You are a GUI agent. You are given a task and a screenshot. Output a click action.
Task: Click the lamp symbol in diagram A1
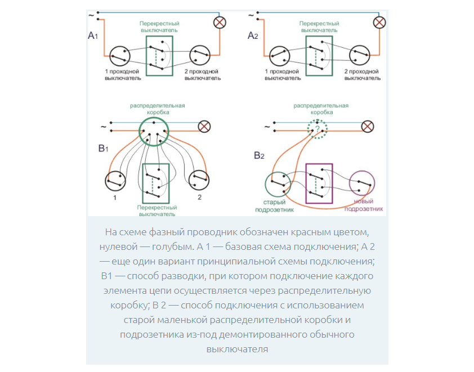218,23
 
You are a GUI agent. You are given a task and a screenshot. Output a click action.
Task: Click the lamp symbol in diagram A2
379,23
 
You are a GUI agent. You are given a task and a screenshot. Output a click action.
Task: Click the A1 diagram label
93,36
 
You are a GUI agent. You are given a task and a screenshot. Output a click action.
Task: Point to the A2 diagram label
253,36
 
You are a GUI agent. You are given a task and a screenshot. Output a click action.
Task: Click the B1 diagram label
102,149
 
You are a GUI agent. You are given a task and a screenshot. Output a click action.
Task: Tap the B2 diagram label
260,155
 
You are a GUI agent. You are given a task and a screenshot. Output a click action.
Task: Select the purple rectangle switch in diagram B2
319,183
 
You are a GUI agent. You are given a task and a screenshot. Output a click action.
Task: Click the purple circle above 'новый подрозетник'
362,184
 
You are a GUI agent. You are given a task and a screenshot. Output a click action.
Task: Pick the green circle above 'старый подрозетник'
278,184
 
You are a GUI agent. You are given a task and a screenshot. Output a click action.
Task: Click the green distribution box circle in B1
154,131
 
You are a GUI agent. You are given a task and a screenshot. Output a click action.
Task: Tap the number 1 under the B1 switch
114,198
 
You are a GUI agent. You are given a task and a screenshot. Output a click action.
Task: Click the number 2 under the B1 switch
199,198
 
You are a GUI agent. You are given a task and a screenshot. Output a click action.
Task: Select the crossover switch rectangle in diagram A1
159,55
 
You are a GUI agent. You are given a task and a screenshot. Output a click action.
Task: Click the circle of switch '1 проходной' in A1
119,56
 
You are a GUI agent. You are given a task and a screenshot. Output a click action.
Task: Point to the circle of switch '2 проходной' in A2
361,56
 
